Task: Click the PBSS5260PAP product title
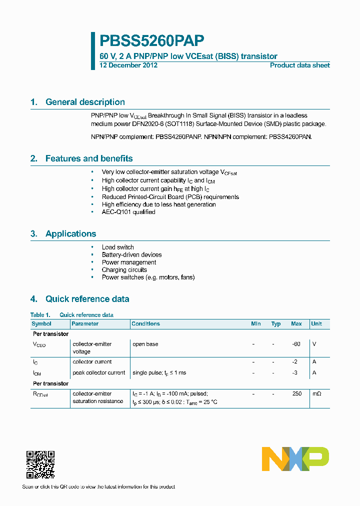coord(152,40)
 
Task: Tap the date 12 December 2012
coord(128,65)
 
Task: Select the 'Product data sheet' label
coord(299,65)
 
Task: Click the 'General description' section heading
coord(85,102)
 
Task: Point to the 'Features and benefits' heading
coord(89,158)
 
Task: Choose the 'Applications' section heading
coord(70,233)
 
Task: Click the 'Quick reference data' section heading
coord(87,299)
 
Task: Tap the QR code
coord(40,465)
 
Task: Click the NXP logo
coord(295,459)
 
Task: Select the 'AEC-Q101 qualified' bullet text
coord(128,212)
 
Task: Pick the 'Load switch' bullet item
coord(117,247)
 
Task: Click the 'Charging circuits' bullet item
coord(124,269)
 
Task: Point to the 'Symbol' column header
coord(41,323)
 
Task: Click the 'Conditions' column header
coord(145,323)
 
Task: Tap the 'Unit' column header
coord(316,323)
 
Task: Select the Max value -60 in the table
coord(296,344)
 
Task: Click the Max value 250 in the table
coord(297,393)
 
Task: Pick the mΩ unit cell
coord(317,393)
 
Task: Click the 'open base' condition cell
coord(145,344)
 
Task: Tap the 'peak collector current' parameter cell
coord(99,372)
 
